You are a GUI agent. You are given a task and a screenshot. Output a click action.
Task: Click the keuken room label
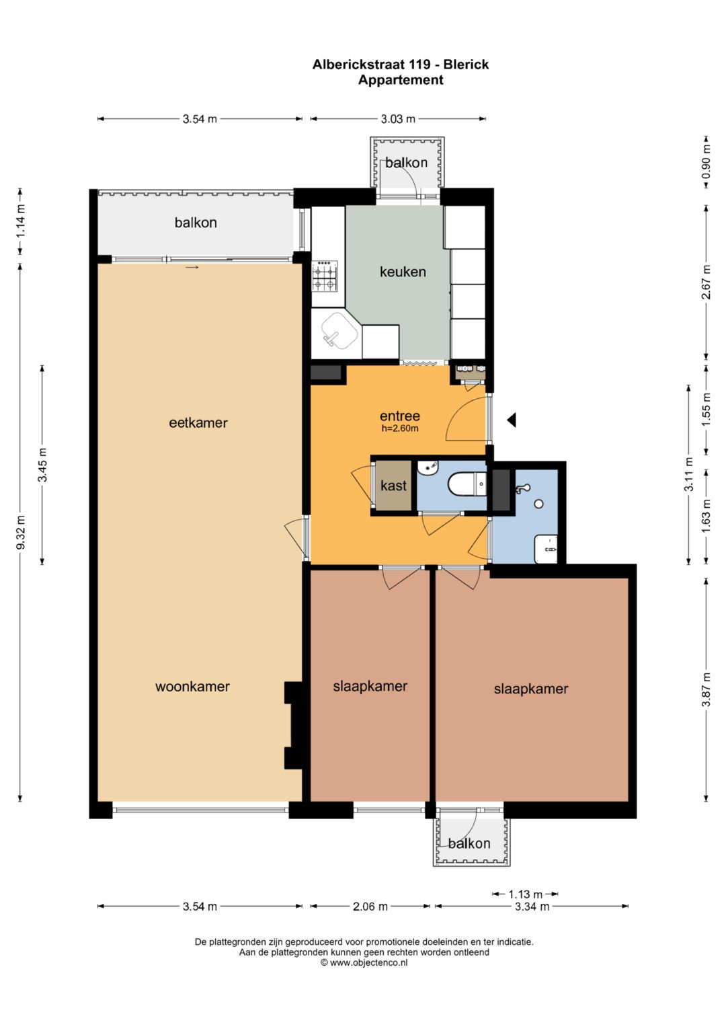point(403,272)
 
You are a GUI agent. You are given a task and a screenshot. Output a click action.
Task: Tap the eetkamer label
point(198,422)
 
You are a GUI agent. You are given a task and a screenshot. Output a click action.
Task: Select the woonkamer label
point(192,686)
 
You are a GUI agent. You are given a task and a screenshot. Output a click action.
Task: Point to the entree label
point(400,416)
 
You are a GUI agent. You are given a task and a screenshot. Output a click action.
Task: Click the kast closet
point(393,485)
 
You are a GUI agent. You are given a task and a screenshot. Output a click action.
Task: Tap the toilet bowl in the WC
point(467,485)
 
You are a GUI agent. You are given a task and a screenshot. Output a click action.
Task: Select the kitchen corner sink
point(338,332)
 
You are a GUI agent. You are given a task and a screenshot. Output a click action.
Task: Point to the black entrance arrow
point(512,420)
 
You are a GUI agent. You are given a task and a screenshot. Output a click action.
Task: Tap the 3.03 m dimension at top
point(398,119)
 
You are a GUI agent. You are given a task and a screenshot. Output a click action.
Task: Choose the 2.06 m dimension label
point(370,906)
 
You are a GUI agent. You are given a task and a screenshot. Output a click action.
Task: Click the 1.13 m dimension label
point(525,894)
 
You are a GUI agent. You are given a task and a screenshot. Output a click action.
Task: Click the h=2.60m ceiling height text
point(400,428)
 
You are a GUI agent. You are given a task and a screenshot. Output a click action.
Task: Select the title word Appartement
point(401,80)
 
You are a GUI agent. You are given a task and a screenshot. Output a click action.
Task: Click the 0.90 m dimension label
point(707,162)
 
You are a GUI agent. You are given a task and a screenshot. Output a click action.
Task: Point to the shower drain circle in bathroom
point(538,504)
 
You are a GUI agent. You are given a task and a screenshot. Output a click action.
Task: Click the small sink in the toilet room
point(428,467)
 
